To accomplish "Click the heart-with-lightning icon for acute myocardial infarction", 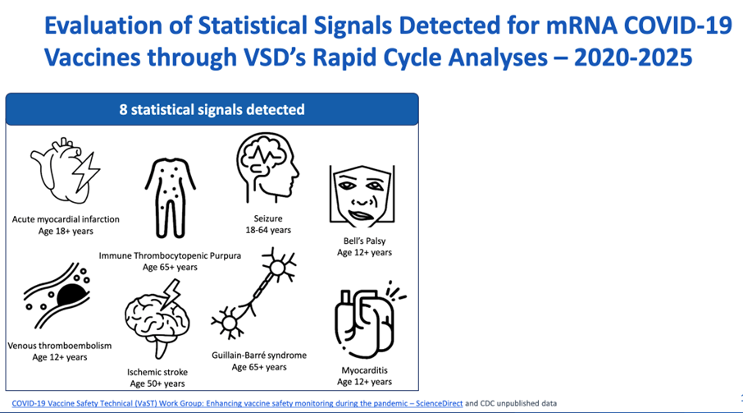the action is point(64,171).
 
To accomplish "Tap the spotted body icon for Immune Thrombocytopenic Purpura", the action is point(170,198).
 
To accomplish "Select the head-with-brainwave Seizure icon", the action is point(267,167).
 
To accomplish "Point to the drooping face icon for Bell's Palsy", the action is point(362,196).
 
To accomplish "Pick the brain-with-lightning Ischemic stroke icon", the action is point(157,319).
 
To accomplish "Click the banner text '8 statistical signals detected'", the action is point(212,109).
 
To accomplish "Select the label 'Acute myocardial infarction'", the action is point(66,219).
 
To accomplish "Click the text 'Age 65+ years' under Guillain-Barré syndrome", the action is point(259,367).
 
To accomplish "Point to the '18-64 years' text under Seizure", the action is point(268,230).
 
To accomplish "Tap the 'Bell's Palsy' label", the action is point(364,241).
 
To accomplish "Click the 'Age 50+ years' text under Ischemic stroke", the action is point(157,383).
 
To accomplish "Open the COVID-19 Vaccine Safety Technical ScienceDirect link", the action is point(237,403).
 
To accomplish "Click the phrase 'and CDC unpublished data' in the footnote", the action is point(511,403).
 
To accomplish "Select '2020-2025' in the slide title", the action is point(633,57).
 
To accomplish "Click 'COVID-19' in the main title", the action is point(678,25).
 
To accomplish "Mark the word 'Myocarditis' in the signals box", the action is point(364,370).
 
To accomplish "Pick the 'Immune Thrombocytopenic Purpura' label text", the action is point(170,255).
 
